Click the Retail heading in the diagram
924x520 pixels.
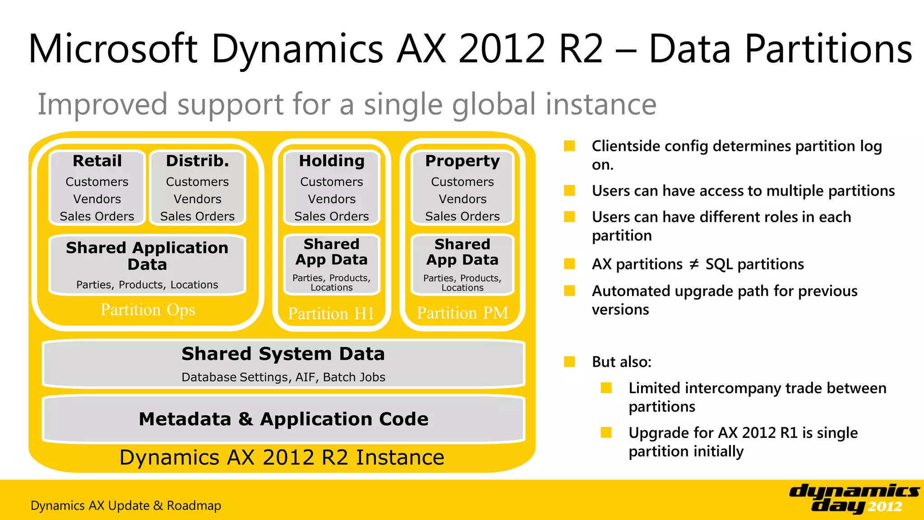(x=97, y=161)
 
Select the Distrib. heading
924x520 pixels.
(x=197, y=161)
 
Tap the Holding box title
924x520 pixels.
(x=332, y=161)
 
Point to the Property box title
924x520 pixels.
(x=462, y=161)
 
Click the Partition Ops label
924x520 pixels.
(x=148, y=310)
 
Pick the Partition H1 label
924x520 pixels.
(x=331, y=313)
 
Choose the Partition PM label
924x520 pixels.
(x=462, y=313)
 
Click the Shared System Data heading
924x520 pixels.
(x=283, y=354)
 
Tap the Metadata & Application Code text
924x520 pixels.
(x=283, y=419)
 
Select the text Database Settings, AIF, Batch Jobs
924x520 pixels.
(x=283, y=377)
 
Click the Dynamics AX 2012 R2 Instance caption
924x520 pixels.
(x=282, y=457)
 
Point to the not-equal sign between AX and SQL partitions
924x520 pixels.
(x=694, y=265)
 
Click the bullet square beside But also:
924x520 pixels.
(x=569, y=362)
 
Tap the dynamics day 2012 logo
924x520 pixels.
(x=854, y=498)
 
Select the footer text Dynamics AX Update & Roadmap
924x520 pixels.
(x=126, y=506)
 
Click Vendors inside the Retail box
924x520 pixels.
(x=97, y=199)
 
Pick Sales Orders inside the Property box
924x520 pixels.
(x=462, y=217)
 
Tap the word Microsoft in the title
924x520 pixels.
(x=113, y=49)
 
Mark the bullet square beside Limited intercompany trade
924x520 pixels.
(x=606, y=388)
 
